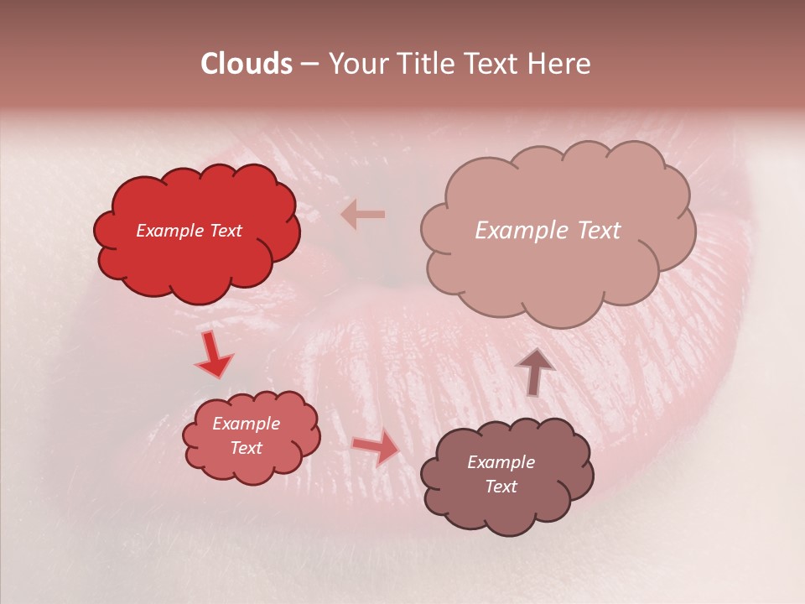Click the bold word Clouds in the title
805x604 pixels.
point(247,64)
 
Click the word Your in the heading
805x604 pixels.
point(356,64)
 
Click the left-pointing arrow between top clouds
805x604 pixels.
point(363,215)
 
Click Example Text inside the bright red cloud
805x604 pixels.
point(189,231)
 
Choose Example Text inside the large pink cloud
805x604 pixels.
point(548,231)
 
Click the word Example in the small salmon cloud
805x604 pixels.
point(246,424)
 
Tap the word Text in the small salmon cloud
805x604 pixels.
point(246,448)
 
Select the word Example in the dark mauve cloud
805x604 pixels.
point(501,462)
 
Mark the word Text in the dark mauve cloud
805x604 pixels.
point(501,487)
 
